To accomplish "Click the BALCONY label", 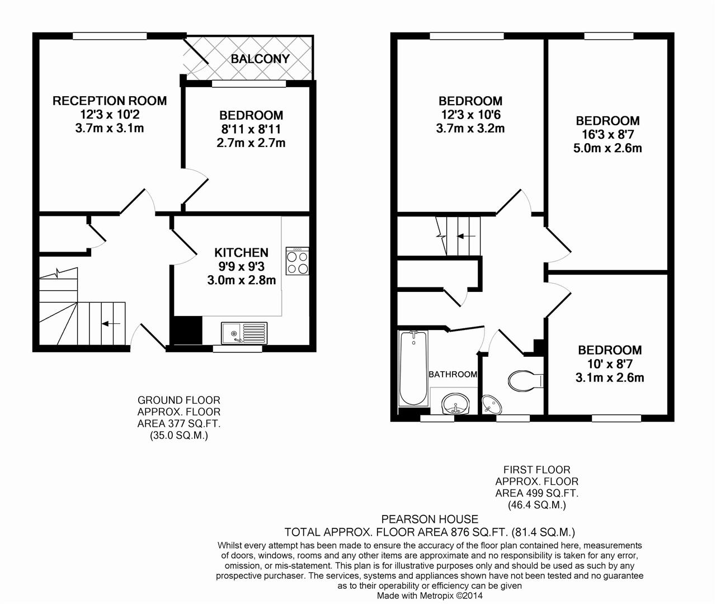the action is [260, 59].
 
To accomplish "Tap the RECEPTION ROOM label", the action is [110, 101].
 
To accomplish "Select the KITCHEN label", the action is [242, 253].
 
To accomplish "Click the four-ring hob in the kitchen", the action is [297, 261].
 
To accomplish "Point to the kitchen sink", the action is [244, 333].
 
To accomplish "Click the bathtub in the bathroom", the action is [413, 368].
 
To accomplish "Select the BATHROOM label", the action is [453, 374].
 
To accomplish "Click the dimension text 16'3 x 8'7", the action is [607, 134].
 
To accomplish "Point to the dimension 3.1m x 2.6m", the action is [610, 377].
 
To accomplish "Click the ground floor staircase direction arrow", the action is [111, 324].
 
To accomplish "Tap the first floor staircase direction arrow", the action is [467, 236].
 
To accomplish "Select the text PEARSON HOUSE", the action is [430, 520].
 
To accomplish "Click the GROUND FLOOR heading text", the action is [178, 400].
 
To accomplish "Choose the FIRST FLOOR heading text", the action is [536, 470].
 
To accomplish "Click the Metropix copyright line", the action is [430, 596].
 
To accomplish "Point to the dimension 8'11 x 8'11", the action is [251, 129].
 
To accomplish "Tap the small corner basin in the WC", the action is [491, 404].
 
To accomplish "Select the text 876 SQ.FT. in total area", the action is [478, 532].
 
